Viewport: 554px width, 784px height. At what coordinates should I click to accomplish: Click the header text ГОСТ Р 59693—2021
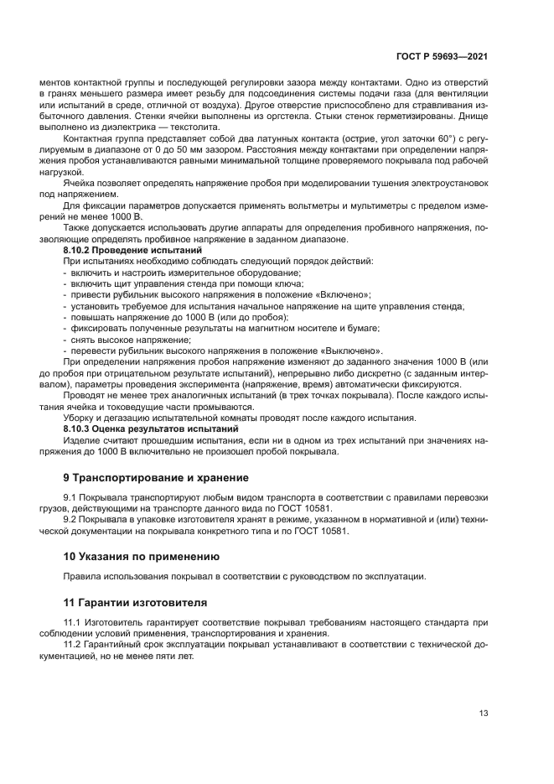point(442,56)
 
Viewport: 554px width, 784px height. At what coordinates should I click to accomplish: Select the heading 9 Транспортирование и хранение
point(157,478)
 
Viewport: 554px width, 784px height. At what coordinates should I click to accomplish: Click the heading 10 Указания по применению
point(142,556)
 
